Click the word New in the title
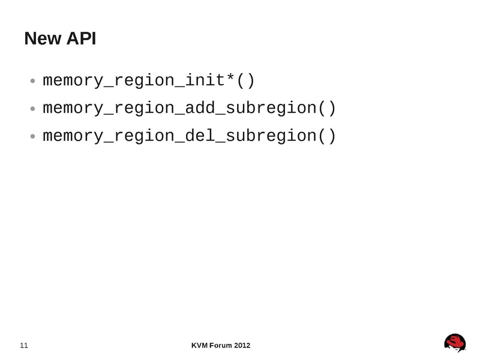[x=42, y=40]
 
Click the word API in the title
[x=80, y=40]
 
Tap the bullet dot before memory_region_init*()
[x=33, y=82]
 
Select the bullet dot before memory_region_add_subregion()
[x=33, y=110]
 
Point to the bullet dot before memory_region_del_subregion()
[x=33, y=137]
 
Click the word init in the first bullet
[x=199, y=80]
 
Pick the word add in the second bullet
[x=194, y=109]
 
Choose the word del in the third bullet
[x=194, y=136]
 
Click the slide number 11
[x=25, y=345]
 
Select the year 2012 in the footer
[x=242, y=345]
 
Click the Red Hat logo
[x=455, y=343]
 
